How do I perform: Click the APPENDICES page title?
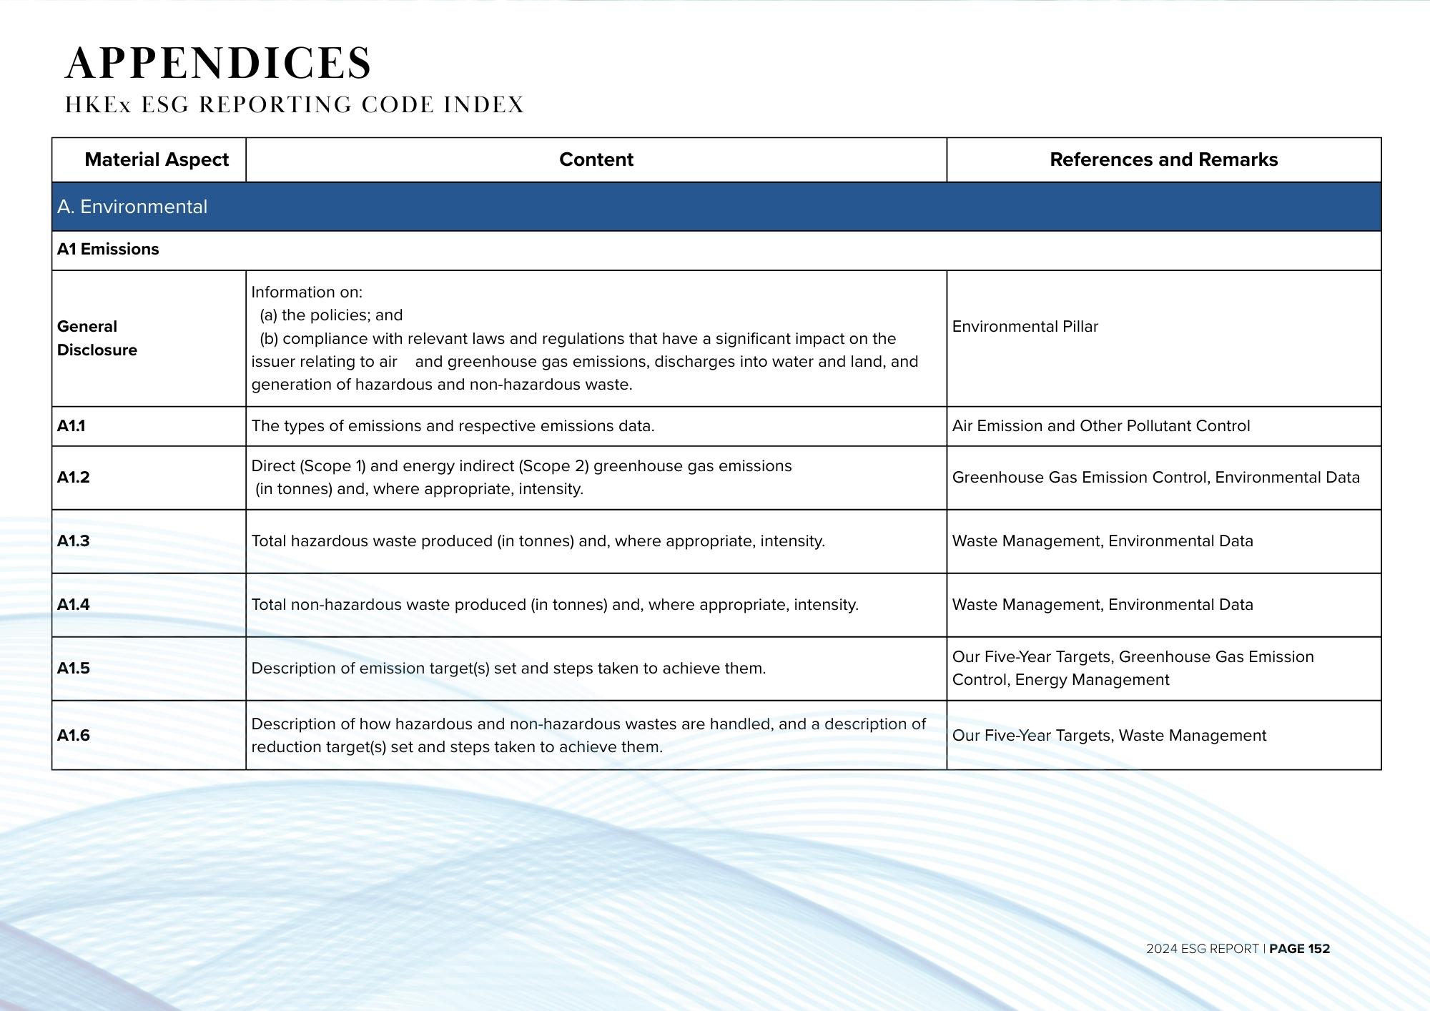[x=218, y=63]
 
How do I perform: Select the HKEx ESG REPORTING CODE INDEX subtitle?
[x=295, y=105]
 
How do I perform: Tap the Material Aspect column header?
[x=157, y=159]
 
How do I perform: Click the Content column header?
[x=596, y=159]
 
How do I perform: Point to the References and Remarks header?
[x=1163, y=159]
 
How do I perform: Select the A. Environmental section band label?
[x=132, y=207]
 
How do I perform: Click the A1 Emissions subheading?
[x=108, y=250]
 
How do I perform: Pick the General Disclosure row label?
[x=97, y=338]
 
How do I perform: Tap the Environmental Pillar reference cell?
[x=1025, y=327]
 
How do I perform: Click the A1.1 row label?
[x=71, y=426]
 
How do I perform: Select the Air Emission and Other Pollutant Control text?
[x=1101, y=426]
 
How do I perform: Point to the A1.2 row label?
[x=74, y=478]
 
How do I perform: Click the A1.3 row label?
[x=74, y=541]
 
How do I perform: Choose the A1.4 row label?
[x=74, y=605]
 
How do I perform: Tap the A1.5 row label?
[x=74, y=669]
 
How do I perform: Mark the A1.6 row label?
[x=74, y=736]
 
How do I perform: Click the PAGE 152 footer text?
[x=1299, y=949]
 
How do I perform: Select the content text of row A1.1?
[x=453, y=426]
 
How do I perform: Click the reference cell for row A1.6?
[x=1109, y=736]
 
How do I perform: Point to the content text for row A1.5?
[x=508, y=669]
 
